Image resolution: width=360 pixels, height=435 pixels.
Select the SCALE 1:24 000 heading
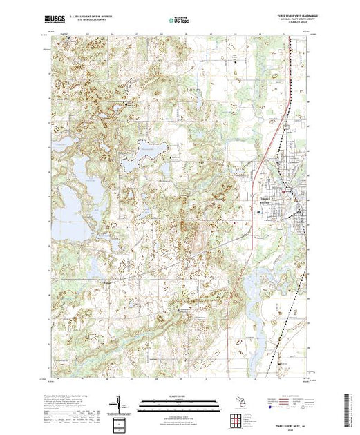tap(178, 396)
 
